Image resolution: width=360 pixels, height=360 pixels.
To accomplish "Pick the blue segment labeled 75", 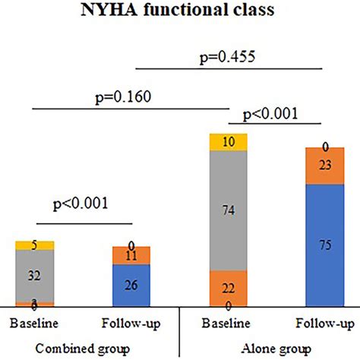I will pyautogui.click(x=326, y=245).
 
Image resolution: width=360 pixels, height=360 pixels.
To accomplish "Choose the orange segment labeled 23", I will pyautogui.click(x=326, y=166).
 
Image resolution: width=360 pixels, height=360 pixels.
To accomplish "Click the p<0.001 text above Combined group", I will pyautogui.click(x=81, y=204).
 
